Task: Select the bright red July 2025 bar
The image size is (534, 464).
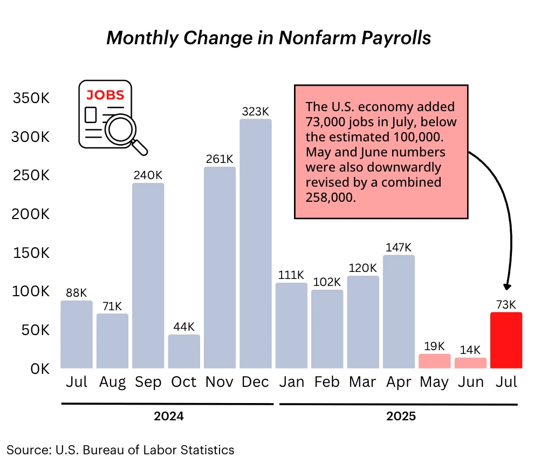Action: point(506,340)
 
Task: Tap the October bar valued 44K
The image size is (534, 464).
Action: point(184,351)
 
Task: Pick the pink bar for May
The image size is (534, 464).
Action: point(434,361)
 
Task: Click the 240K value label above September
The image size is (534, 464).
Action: point(148,175)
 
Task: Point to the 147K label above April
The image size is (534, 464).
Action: point(399,247)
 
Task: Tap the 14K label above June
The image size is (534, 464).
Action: point(470,350)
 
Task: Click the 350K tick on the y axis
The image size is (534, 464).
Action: point(31,98)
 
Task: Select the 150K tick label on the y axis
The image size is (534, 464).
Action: point(31,253)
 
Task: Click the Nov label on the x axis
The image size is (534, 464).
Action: point(220,382)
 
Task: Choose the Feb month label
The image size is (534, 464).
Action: point(327,382)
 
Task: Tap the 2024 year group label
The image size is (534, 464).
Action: point(168,417)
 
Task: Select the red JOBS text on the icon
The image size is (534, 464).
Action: point(106,95)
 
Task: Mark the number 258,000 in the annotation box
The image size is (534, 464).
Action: point(331,197)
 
